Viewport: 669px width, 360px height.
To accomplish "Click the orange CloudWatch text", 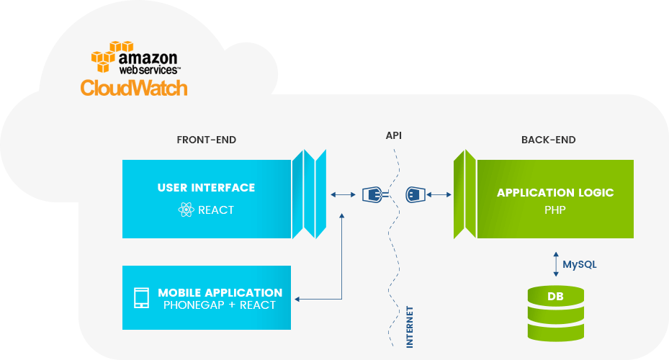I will point(134,88).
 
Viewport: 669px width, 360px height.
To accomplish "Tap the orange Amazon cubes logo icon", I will point(104,58).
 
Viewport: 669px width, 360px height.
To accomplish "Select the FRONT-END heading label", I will point(206,140).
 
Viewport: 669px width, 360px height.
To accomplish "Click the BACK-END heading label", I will point(548,140).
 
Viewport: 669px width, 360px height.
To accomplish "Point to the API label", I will point(393,135).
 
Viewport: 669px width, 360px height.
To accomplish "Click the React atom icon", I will point(186,210).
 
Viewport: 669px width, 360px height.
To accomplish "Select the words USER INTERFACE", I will point(206,188).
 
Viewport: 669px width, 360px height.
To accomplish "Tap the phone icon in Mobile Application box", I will point(142,298).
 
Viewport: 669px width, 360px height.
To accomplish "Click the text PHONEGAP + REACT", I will point(220,305).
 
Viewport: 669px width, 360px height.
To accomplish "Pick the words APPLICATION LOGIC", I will point(555,193).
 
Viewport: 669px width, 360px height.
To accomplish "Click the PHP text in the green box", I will point(555,211).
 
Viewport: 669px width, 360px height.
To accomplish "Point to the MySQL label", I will point(580,264).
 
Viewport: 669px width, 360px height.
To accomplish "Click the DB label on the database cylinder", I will point(555,297).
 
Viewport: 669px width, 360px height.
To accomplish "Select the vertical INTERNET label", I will point(410,327).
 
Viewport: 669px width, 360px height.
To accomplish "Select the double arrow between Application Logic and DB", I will point(555,263).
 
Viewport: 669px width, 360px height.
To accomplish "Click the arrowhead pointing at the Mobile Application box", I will point(298,298).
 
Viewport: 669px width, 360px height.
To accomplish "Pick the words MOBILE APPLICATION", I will point(220,293).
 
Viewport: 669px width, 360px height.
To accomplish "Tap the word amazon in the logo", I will point(148,58).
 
